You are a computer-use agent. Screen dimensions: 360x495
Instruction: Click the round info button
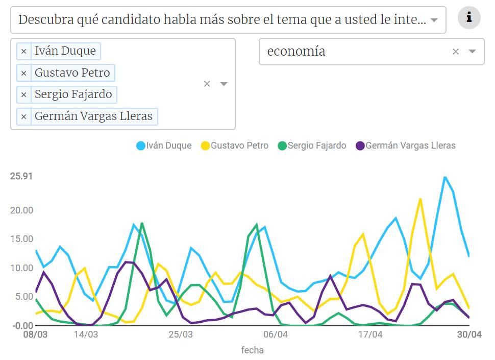(469, 18)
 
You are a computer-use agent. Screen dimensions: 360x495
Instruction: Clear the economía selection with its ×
(456, 52)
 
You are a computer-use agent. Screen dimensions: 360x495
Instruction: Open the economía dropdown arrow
(472, 52)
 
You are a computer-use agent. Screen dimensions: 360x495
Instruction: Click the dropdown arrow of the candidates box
(224, 84)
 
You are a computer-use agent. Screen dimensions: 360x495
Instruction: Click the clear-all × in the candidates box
(207, 84)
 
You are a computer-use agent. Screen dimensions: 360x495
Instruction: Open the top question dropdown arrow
(434, 20)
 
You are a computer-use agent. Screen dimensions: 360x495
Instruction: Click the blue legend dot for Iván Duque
(141, 146)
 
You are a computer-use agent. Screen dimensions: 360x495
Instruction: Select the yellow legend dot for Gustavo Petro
(205, 146)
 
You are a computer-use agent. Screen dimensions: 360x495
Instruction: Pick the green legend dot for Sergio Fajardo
(282, 146)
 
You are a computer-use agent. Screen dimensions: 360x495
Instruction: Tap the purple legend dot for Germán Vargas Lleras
(360, 146)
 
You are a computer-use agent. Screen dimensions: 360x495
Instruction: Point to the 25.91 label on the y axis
(21, 176)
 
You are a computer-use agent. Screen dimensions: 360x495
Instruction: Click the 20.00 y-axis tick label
(21, 210)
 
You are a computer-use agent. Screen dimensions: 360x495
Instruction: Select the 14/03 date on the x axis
(86, 335)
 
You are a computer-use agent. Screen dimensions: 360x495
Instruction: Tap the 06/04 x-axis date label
(276, 335)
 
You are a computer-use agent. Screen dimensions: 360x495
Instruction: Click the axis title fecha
(252, 350)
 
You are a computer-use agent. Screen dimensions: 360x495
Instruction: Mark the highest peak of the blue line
(445, 177)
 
